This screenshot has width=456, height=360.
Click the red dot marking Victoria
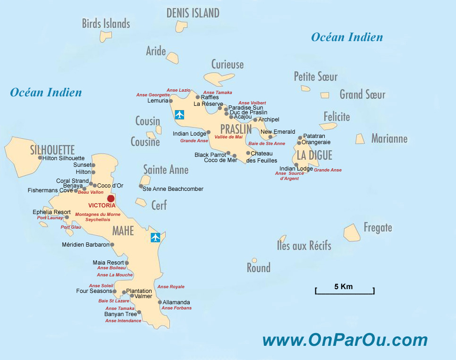pos(111,198)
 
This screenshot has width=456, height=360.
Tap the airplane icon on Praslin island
pos(179,114)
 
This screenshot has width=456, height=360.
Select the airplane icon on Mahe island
pos(155,237)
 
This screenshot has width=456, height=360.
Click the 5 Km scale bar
pos(344,290)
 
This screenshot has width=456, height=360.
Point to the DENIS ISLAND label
pos(193,13)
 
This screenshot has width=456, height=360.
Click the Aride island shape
pos(172,58)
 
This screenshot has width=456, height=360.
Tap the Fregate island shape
pos(352,232)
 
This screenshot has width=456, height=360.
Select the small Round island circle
pos(254,260)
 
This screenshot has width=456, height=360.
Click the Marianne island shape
pos(360,138)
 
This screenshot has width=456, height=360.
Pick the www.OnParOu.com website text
pos(345,340)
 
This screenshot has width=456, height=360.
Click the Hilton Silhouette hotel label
pos(64,158)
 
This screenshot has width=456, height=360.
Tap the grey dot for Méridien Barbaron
pos(112,245)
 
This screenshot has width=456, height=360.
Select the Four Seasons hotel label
pos(94,291)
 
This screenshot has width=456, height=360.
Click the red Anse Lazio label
pos(178,90)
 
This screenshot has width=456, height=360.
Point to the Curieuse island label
pos(228,64)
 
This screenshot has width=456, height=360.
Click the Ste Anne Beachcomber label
pos(173,189)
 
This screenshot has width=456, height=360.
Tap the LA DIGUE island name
pos(314,155)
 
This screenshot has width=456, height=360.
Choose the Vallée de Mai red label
pos(228,137)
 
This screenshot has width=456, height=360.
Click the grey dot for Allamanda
pos(160,302)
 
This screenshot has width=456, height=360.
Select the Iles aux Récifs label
pos(304,246)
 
